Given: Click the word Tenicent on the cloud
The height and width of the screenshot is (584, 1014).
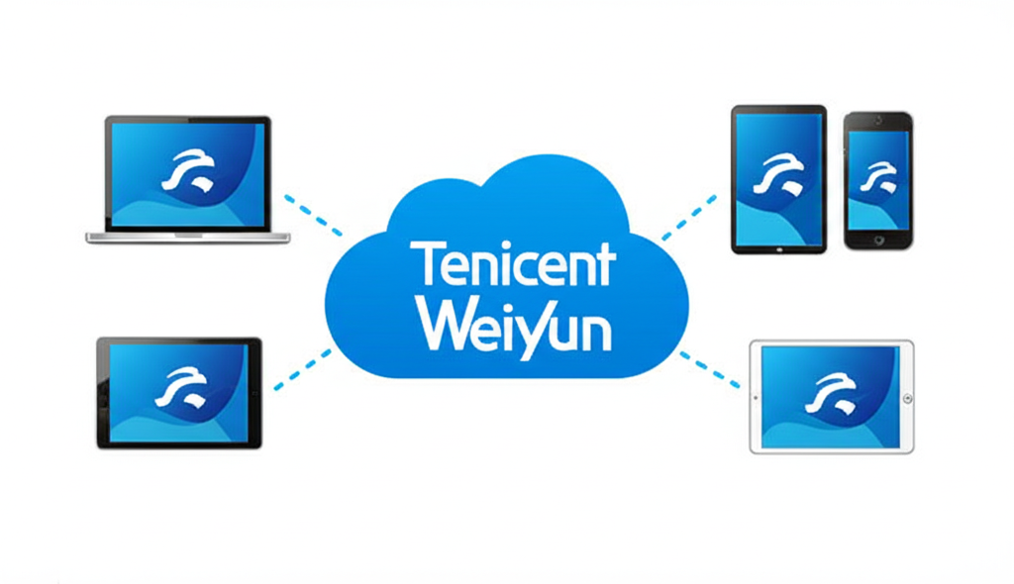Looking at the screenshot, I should [513, 265].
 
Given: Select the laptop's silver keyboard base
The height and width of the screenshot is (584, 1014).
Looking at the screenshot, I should [188, 238].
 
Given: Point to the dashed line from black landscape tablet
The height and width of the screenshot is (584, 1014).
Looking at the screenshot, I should [302, 368].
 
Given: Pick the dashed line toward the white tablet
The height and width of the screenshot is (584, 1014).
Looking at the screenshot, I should [709, 369].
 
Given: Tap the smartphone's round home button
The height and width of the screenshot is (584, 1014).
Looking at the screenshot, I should [877, 239].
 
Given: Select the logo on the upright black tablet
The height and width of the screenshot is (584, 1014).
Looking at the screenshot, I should [777, 174].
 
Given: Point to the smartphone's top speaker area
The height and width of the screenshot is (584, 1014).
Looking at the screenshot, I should [877, 121].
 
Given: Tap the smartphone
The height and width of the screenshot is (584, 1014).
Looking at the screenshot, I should [877, 180].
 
